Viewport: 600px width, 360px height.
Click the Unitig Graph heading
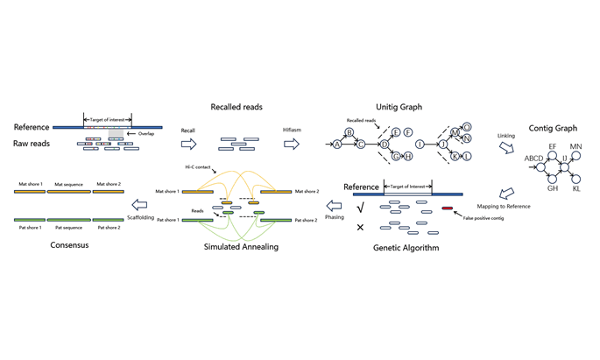point(399,107)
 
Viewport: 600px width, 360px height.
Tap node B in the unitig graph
point(349,133)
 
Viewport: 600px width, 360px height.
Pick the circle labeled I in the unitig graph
point(420,145)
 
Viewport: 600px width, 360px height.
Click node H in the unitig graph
point(408,156)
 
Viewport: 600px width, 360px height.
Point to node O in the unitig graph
point(467,127)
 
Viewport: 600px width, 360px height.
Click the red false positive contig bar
point(448,208)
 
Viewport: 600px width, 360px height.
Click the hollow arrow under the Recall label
point(188,144)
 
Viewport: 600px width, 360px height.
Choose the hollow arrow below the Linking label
point(506,148)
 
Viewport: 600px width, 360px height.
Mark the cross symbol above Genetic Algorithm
point(360,228)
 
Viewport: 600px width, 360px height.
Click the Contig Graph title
point(554,129)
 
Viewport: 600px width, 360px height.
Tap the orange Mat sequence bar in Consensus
point(70,192)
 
